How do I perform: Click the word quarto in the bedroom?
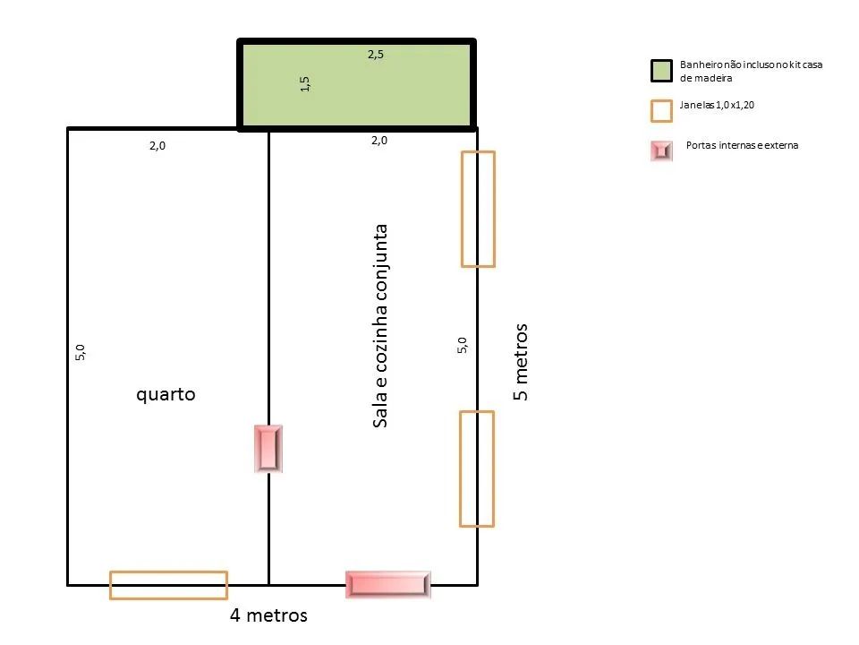(x=166, y=395)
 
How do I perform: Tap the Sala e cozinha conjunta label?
(x=379, y=326)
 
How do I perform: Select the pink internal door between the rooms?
(x=268, y=449)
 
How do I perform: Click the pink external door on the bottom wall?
(x=387, y=584)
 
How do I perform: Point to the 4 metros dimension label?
(x=268, y=615)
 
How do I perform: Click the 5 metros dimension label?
(x=521, y=362)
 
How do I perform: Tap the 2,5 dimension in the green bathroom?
(x=376, y=55)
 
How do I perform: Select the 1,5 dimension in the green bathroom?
(x=305, y=84)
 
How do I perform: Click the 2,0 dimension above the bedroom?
(x=157, y=145)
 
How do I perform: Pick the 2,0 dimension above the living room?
(x=379, y=141)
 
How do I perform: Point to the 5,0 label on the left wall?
(x=80, y=353)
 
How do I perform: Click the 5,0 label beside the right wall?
(x=463, y=346)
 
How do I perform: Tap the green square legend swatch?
(x=662, y=72)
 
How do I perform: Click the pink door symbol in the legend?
(x=662, y=150)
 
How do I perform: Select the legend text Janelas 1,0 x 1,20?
(x=717, y=105)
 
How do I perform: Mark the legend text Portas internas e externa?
(x=743, y=145)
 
